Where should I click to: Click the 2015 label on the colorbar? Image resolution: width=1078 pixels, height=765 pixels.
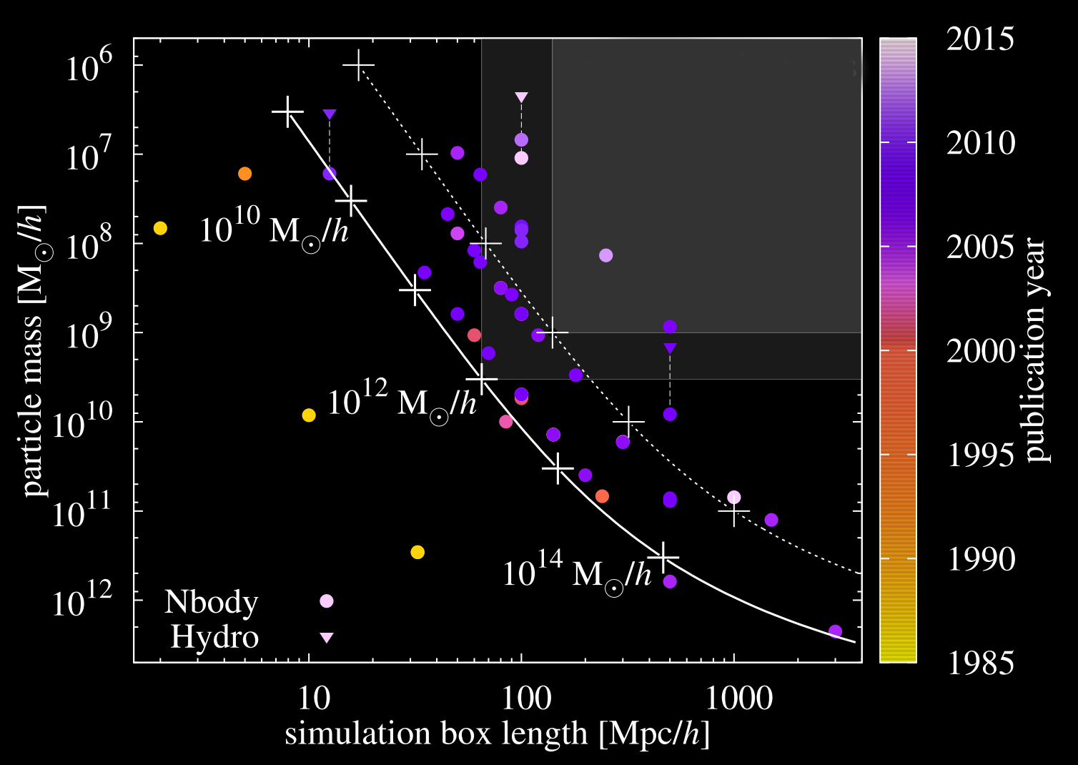pyautogui.click(x=980, y=39)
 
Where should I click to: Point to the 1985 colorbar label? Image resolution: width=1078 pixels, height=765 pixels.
pyautogui.click(x=980, y=663)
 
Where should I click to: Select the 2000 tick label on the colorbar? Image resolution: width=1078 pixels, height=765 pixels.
pyautogui.click(x=980, y=351)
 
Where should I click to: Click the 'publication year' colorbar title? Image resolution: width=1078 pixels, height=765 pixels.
pyautogui.click(x=1034, y=350)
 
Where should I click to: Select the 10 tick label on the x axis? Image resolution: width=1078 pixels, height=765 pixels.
pyautogui.click(x=312, y=698)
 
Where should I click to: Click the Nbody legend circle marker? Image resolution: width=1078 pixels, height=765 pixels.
pyautogui.click(x=327, y=601)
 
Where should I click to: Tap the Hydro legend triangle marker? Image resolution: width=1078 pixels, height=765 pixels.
pyautogui.click(x=327, y=637)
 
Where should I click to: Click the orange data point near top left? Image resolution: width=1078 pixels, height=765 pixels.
pyautogui.click(x=244, y=174)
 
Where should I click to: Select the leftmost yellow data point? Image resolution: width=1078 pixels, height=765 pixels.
pyautogui.click(x=160, y=228)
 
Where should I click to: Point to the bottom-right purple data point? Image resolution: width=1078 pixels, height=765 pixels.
pyautogui.click(x=835, y=631)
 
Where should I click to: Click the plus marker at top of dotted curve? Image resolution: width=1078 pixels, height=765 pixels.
pyautogui.click(x=359, y=65)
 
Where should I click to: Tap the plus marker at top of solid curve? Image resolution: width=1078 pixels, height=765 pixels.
pyautogui.click(x=288, y=112)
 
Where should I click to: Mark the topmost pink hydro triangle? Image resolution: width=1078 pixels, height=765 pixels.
pyautogui.click(x=521, y=97)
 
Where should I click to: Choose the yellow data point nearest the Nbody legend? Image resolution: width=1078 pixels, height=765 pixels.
pyautogui.click(x=417, y=552)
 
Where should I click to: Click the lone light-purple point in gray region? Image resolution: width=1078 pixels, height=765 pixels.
pyautogui.click(x=605, y=255)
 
